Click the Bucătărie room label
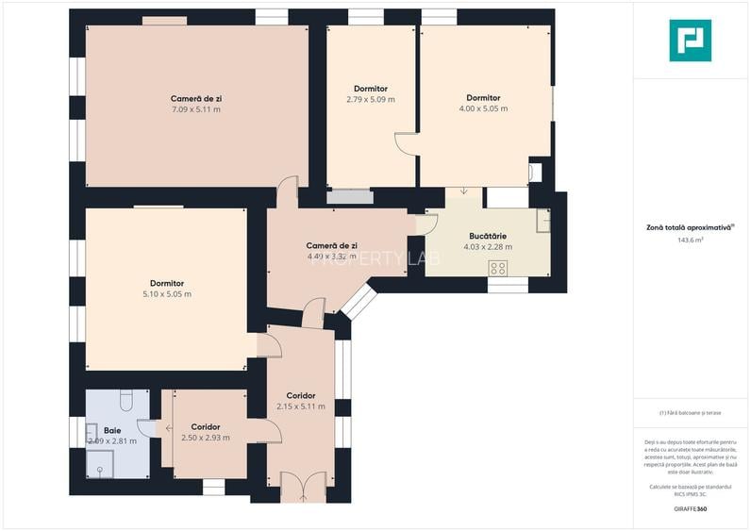[x=488, y=236]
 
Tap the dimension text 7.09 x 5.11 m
[x=196, y=109]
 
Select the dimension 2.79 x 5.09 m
[x=370, y=99]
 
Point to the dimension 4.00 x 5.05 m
[x=483, y=108]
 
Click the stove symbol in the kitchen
[x=498, y=269]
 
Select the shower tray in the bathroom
[x=100, y=464]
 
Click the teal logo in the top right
[x=690, y=41]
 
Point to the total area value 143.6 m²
[x=691, y=240]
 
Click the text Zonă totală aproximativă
[x=690, y=227]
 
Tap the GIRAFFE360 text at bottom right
[x=690, y=509]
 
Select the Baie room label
[x=112, y=429]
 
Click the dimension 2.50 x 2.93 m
[x=206, y=438]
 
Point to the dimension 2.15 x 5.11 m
[x=301, y=407]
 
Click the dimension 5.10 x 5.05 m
[x=166, y=294]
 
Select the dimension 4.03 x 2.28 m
[x=488, y=247]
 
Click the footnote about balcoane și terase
[x=690, y=413]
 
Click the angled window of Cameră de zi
[x=358, y=302]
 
